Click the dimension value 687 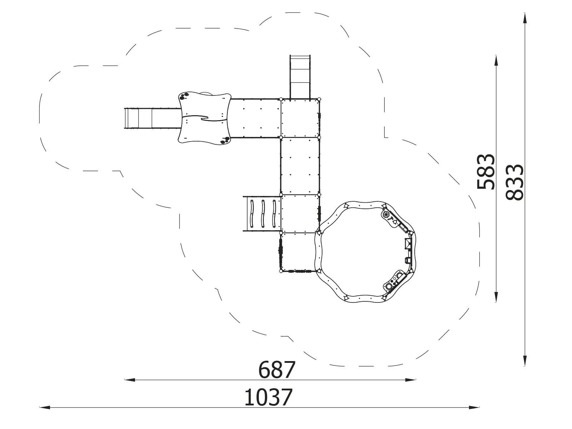pyautogui.click(x=276, y=370)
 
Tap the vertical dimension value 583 pyautogui.click(x=485, y=172)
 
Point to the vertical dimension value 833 pyautogui.click(x=514, y=182)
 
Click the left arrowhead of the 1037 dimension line pyautogui.click(x=45, y=408)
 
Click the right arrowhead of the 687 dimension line pyautogui.click(x=410, y=380)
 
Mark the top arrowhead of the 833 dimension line pyautogui.click(x=524, y=18)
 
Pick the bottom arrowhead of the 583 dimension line pyautogui.click(x=496, y=297)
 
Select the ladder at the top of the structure pyautogui.click(x=300, y=77)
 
